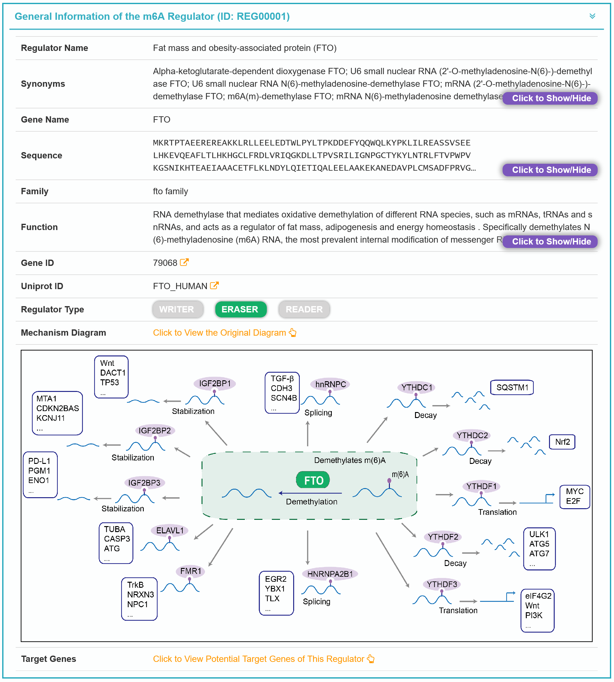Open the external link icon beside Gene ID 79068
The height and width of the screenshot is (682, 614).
[x=184, y=262]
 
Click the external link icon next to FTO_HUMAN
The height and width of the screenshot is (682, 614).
[x=214, y=286]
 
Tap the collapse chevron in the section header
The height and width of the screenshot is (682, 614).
[x=592, y=16]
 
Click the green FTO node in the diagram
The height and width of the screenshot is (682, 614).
[x=313, y=480]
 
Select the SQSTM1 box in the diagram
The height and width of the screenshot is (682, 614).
[x=512, y=388]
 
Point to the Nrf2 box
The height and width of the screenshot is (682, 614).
[x=562, y=442]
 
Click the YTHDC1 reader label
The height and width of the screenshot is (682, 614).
[x=417, y=388]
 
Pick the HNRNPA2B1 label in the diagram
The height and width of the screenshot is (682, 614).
[x=330, y=574]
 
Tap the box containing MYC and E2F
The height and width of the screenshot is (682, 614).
[x=574, y=497]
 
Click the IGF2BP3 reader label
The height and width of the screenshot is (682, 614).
[x=144, y=483]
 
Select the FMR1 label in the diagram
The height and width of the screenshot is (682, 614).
[x=191, y=571]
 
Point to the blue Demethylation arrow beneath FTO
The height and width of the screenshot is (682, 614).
[x=310, y=493]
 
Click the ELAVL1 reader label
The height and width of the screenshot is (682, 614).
[x=170, y=531]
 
